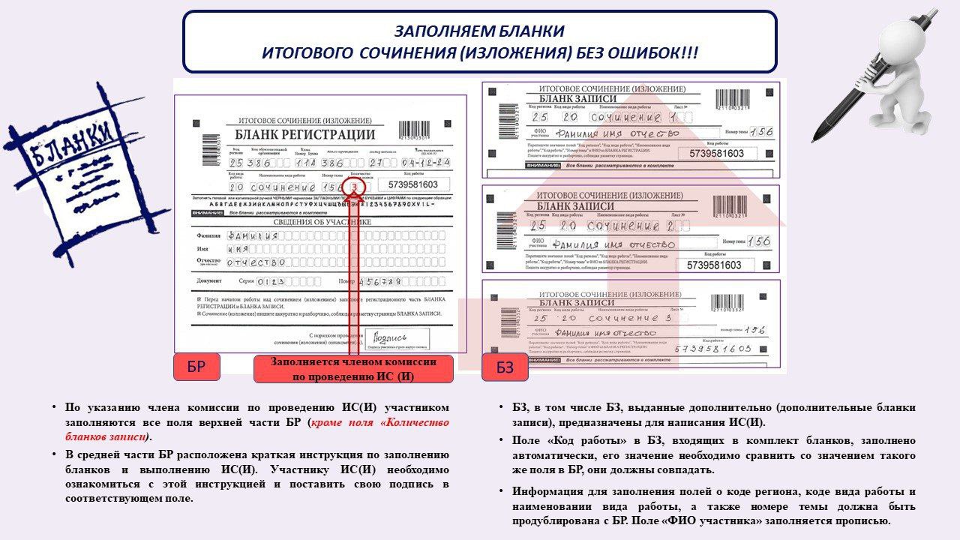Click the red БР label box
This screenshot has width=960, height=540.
(x=196, y=367)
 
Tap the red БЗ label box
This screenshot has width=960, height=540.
(x=505, y=368)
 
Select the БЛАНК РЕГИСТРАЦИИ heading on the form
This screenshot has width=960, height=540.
(x=304, y=135)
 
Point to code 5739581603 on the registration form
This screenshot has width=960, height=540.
(x=415, y=184)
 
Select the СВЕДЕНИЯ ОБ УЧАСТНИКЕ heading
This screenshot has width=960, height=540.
(x=313, y=222)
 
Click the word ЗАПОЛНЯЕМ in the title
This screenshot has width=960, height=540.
(x=436, y=32)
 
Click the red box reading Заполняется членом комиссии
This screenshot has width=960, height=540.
(x=353, y=369)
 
